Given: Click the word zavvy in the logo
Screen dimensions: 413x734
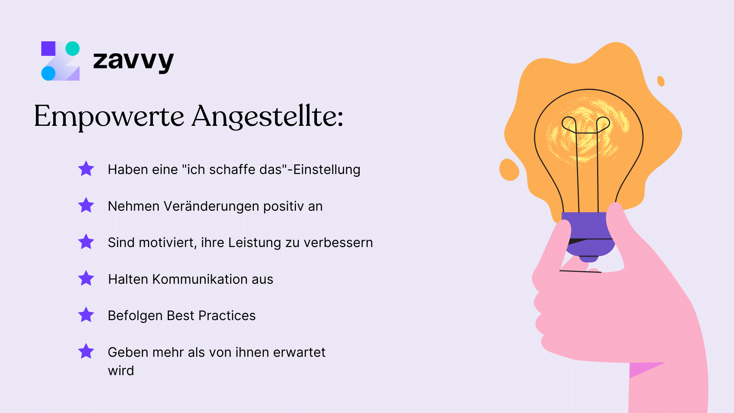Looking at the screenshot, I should pos(133,61).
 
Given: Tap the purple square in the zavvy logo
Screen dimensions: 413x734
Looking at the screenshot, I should pos(48,49).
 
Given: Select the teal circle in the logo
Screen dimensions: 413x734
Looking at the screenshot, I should pos(73,49).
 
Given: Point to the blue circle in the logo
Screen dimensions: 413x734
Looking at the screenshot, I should pos(48,73).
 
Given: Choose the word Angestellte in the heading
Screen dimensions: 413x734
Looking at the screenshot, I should pos(267,117).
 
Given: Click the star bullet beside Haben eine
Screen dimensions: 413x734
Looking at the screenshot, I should pos(86,169).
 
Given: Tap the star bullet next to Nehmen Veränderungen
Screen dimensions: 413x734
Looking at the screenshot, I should pos(86,205).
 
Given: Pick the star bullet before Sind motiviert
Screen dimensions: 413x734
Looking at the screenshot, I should pos(86,242).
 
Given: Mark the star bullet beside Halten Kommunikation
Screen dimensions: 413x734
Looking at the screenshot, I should pos(86,278).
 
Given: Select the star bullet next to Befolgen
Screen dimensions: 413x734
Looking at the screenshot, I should pos(86,315).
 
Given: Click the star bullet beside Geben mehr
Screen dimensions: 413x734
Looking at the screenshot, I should pos(86,351).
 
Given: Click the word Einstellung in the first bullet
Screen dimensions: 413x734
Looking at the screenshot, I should pos(326,169).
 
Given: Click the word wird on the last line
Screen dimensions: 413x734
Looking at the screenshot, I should pos(121,371).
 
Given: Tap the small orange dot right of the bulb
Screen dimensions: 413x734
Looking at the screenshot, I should pos(661,81).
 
